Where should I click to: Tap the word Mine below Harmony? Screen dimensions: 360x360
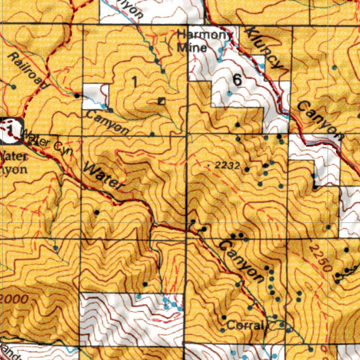pyautogui.click(x=192, y=47)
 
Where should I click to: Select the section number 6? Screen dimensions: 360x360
pyautogui.click(x=237, y=81)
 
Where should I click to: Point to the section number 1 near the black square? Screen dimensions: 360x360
pyautogui.click(x=134, y=82)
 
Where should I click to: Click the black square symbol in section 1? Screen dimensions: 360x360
pyautogui.click(x=161, y=101)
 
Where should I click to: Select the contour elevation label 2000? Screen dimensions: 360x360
pyautogui.click(x=14, y=300)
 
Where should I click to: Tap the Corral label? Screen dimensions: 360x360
pyautogui.click(x=245, y=325)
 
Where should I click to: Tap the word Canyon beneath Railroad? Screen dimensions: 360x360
pyautogui.click(x=107, y=123)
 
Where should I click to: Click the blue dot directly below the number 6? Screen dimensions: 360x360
pyautogui.click(x=229, y=94)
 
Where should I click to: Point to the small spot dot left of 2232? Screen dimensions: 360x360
pyautogui.click(x=210, y=165)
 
